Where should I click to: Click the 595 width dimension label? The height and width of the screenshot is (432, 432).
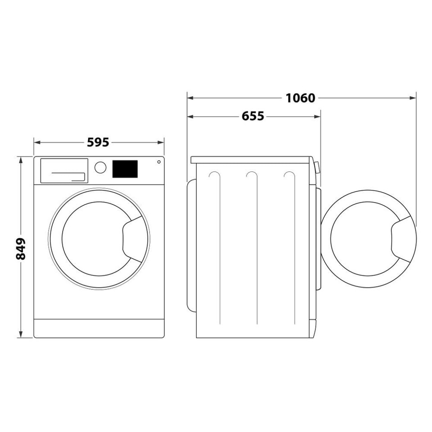pos(98,142)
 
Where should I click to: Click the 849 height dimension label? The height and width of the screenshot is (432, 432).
pos(21,248)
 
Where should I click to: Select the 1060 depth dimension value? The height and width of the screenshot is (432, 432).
pos(301,98)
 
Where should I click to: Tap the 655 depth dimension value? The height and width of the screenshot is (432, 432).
pos(253,117)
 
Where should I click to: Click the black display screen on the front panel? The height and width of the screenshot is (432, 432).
pos(125,169)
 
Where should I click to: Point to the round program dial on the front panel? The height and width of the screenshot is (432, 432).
pos(100,167)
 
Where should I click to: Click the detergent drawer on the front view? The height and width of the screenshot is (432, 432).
pos(64,171)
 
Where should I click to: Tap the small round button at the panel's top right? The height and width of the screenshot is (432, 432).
pos(158,162)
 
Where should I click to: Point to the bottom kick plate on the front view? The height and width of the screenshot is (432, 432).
pos(99,328)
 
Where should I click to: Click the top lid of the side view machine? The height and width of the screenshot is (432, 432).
pos(251,160)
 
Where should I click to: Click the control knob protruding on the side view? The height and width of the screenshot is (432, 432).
pos(317,168)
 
